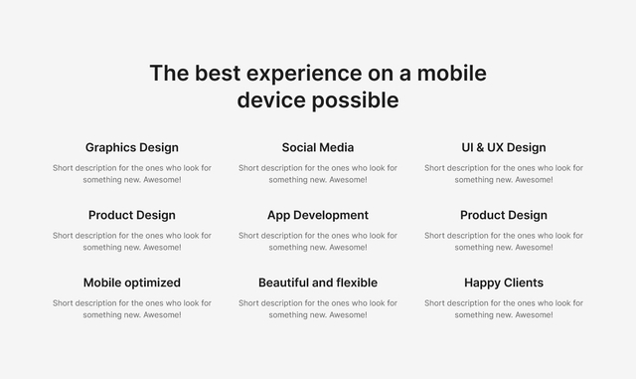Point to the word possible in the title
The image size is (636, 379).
tap(355, 100)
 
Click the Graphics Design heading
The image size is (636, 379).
tap(132, 147)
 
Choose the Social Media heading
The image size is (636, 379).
tap(318, 147)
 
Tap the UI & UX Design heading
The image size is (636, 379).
tap(504, 147)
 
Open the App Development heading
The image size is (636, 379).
tap(318, 215)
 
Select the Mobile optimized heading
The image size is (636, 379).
tap(132, 283)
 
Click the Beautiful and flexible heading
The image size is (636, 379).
tap(318, 283)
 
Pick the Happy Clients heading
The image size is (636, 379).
tap(504, 283)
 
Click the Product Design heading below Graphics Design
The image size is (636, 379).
tap(132, 215)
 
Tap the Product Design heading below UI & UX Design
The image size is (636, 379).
tap(504, 215)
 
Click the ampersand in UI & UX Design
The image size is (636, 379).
tap(481, 147)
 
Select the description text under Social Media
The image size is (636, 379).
tap(318, 174)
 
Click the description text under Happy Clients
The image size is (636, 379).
tap(504, 308)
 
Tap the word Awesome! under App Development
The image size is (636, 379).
tap(348, 248)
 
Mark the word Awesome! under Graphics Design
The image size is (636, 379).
tap(162, 180)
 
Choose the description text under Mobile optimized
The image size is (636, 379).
tap(132, 308)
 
